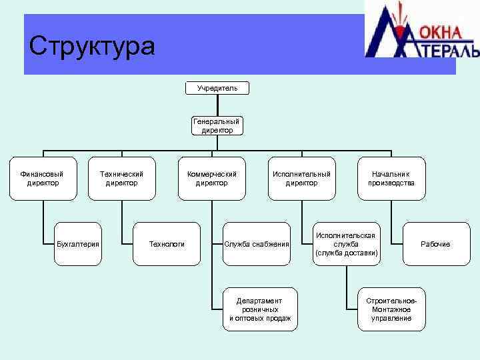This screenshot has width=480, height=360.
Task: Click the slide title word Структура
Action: click(92, 46)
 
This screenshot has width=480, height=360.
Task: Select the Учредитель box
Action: click(217, 88)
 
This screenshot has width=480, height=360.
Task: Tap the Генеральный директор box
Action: click(217, 126)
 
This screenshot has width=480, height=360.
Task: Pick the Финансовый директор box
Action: click(41, 179)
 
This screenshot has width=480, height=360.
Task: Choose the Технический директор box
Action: click(121, 179)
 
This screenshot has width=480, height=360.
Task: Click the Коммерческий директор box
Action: click(211, 179)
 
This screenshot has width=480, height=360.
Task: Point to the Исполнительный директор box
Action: click(301, 179)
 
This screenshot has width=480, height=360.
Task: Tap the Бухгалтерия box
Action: click(78, 244)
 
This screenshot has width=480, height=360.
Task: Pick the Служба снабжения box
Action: click(257, 244)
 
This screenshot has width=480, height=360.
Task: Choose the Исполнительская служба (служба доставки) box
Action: click(346, 244)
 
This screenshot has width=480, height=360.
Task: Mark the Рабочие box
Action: click(435, 244)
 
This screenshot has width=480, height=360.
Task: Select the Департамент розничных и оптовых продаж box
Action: click(260, 309)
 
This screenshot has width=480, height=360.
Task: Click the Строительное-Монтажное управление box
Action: click(391, 309)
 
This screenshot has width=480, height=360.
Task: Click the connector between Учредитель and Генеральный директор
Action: click(217, 105)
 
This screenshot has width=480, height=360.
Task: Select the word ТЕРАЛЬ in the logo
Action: click(448, 51)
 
